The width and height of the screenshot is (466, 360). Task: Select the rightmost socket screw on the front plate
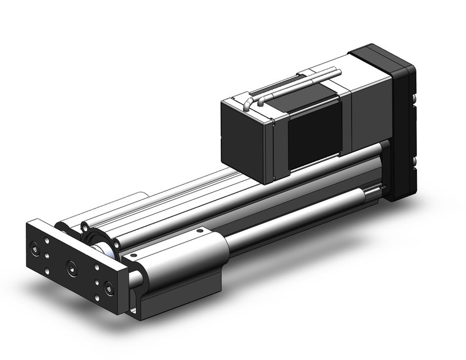pyautogui.click(x=109, y=289)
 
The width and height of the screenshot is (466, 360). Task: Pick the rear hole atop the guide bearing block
pyautogui.click(x=199, y=231)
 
